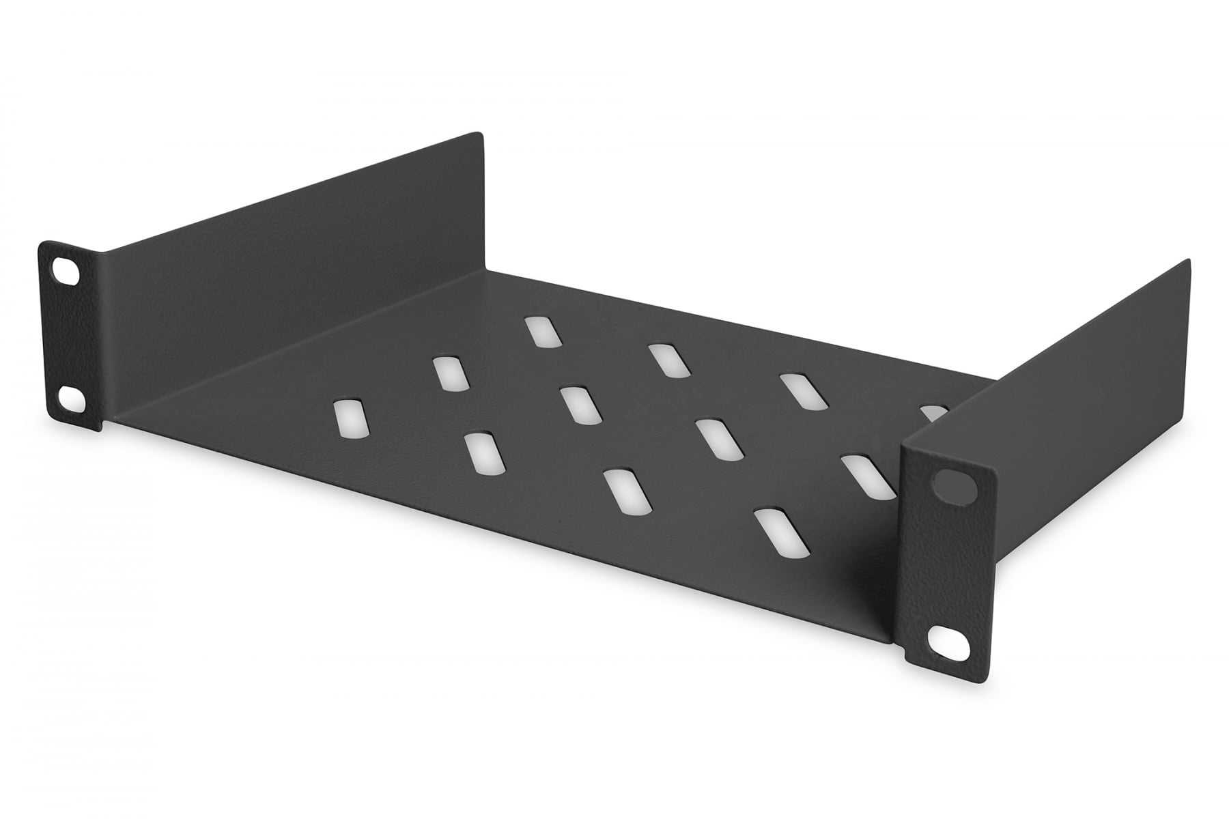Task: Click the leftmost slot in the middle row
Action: [x=449, y=373]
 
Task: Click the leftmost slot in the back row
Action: [x=544, y=332]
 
